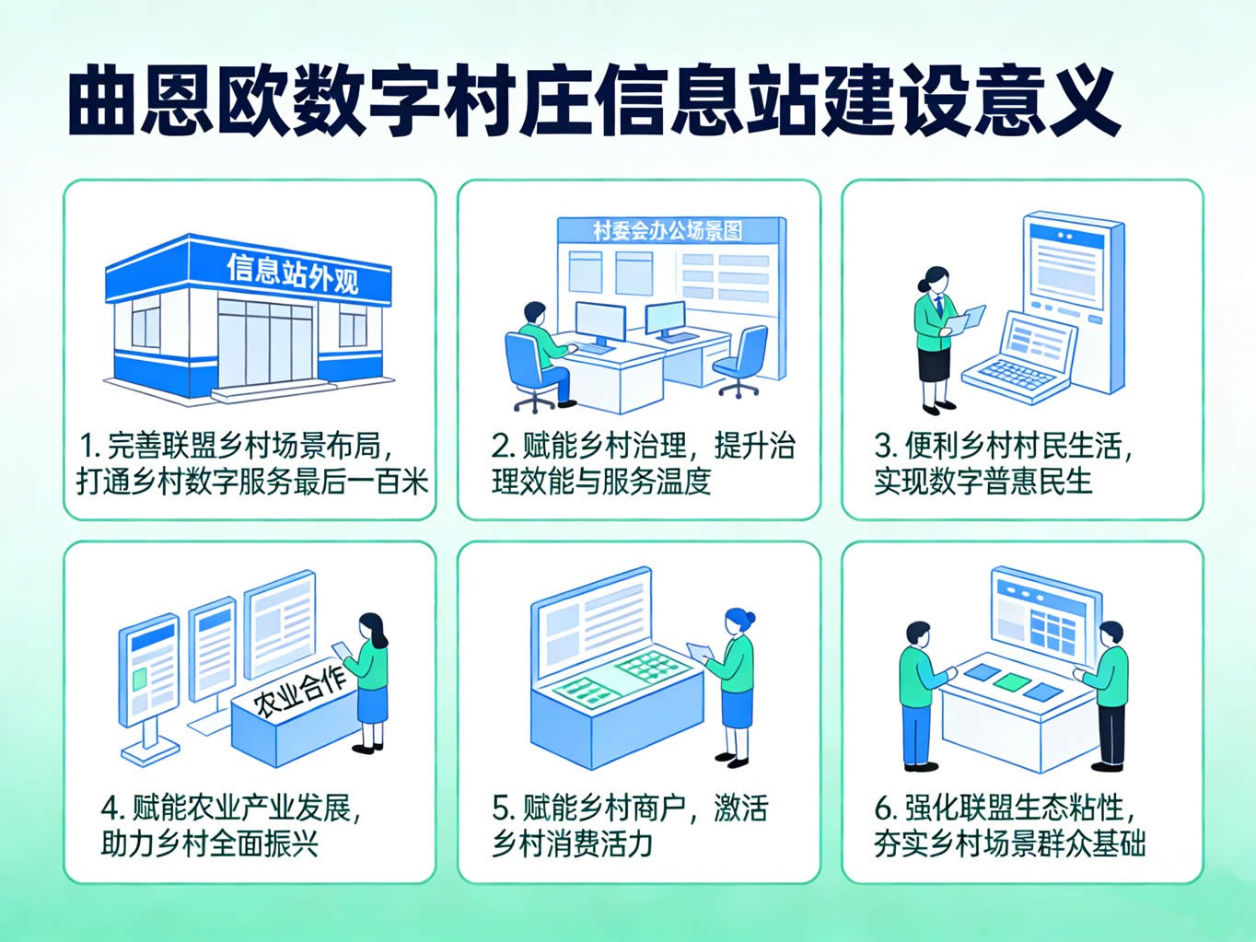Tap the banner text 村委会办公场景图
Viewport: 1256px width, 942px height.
tap(668, 231)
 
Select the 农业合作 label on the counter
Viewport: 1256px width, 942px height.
tap(300, 692)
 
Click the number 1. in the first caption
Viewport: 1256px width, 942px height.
tap(90, 446)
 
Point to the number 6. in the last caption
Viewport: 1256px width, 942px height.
tap(885, 808)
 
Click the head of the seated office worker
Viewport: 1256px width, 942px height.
tap(534, 313)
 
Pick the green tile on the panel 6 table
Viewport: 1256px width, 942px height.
tap(1012, 681)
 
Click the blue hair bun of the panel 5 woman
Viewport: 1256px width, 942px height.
tap(750, 617)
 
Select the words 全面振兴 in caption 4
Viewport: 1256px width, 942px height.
tap(263, 843)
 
